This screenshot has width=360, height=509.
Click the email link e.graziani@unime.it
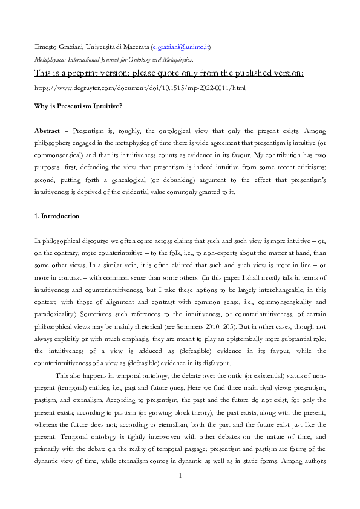click(x=180, y=47)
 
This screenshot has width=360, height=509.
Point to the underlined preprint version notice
click(x=169, y=73)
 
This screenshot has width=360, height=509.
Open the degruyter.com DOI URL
click(x=140, y=88)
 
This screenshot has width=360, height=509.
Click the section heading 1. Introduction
click(x=57, y=216)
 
